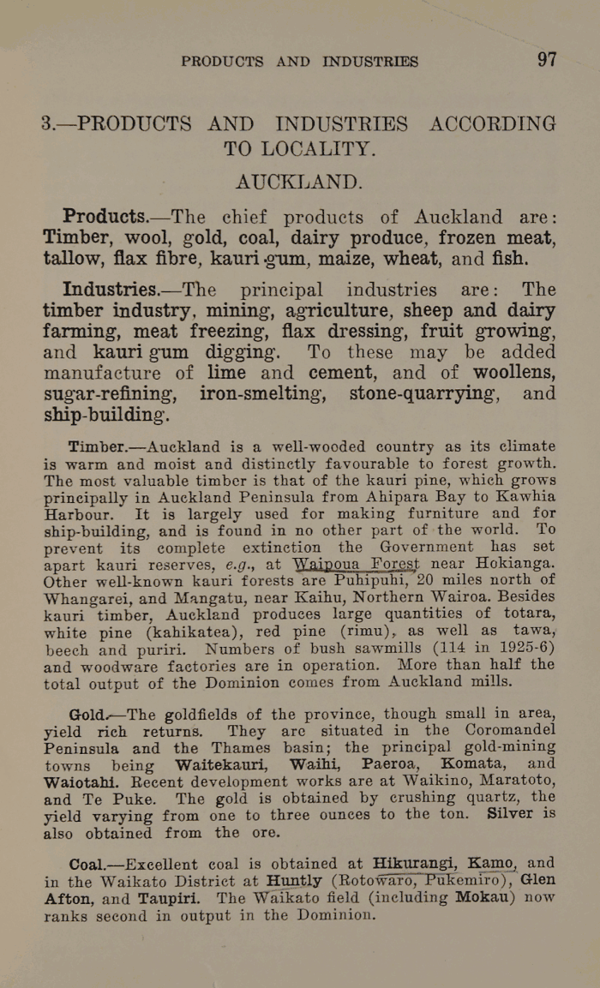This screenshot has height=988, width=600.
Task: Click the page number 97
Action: (547, 60)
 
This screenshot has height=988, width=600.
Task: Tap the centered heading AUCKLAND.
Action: (299, 183)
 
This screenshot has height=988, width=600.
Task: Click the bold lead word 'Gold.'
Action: (88, 714)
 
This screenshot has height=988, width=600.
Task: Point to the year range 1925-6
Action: (520, 647)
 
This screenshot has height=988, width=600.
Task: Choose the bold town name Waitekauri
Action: (224, 763)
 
